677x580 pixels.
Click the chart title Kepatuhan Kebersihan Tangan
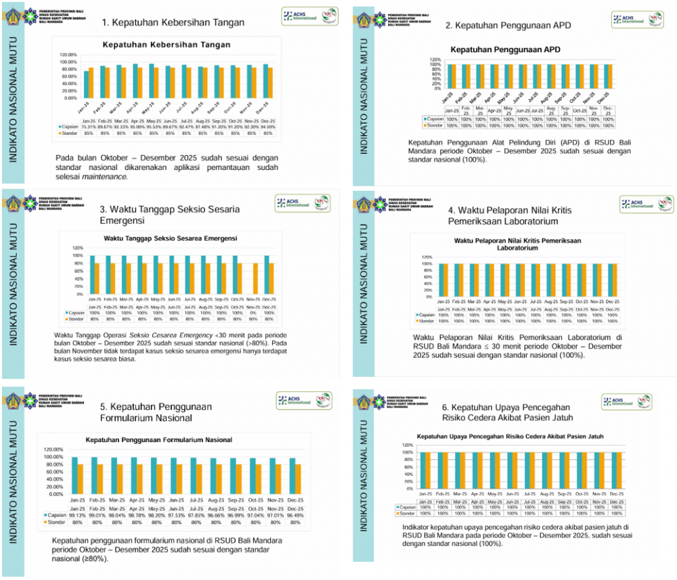(166, 45)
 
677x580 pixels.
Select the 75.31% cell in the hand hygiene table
(89, 127)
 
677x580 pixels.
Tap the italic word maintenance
(104, 177)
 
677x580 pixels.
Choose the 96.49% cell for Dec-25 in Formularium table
(297, 515)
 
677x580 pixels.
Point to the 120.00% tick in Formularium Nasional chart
(53, 449)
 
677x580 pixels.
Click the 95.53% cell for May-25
(156, 127)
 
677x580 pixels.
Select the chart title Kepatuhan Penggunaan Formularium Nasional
(158, 440)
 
